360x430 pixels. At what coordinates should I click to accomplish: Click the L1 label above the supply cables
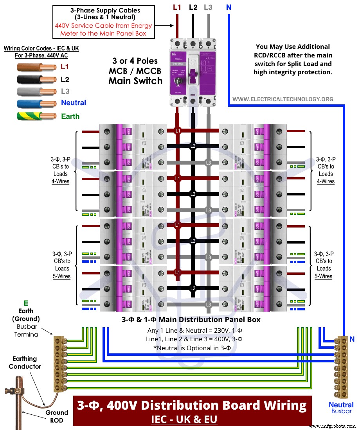click(x=177, y=7)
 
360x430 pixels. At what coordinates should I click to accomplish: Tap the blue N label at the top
click(x=228, y=7)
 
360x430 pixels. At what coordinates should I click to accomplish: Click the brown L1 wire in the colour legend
click(x=37, y=67)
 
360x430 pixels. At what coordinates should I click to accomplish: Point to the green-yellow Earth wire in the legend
click(x=37, y=116)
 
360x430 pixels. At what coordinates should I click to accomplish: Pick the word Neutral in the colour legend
click(x=73, y=103)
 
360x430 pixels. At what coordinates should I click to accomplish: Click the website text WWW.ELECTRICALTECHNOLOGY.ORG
click(x=283, y=99)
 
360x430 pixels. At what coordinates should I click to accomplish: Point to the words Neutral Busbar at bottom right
click(x=341, y=408)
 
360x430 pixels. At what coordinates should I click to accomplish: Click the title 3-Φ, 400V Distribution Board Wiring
click(x=192, y=405)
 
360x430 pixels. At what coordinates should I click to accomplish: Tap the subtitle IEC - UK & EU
click(x=184, y=419)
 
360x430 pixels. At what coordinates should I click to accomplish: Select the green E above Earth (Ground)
click(x=26, y=303)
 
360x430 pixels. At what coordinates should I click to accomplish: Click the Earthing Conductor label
click(x=25, y=362)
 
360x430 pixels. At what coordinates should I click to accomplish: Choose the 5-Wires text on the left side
click(x=62, y=276)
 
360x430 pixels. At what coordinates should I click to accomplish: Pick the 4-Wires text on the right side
click(x=326, y=181)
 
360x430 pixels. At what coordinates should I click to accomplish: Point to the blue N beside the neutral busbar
click(x=352, y=340)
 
